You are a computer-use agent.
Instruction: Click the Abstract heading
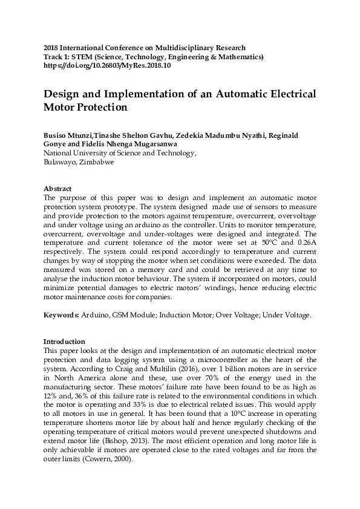58,189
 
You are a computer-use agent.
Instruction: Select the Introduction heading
65,341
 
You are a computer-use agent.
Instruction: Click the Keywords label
61,315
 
